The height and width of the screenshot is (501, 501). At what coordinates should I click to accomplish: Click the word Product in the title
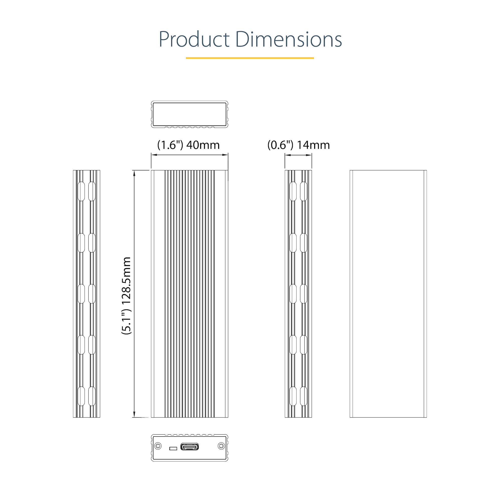194,39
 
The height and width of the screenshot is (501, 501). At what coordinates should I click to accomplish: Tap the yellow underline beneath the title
250,58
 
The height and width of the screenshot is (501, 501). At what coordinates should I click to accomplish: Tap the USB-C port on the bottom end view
190,447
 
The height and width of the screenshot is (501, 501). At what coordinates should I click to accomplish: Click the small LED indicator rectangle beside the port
173,448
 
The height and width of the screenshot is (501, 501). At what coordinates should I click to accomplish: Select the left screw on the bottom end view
158,446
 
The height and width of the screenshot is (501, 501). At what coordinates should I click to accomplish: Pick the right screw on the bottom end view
221,446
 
